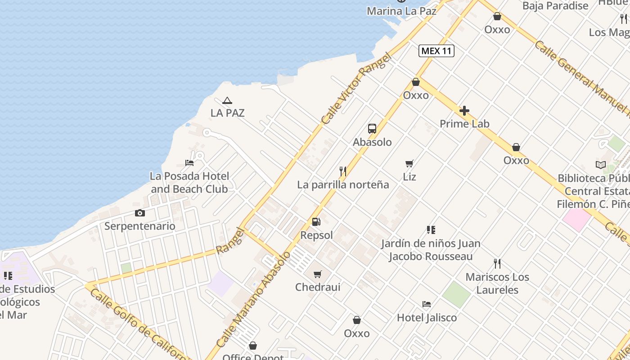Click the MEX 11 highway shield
[x=436, y=51]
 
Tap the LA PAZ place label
[x=227, y=113]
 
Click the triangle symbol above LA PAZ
[x=227, y=100]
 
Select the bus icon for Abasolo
[x=372, y=129]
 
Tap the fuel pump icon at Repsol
[x=316, y=222]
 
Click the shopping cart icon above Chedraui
[x=318, y=274]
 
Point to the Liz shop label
[x=409, y=177]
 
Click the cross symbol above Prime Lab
[x=464, y=111]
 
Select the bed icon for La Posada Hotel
[x=189, y=162]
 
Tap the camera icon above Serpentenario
[x=140, y=213]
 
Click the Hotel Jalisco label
[x=427, y=318]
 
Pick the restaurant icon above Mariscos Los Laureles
[x=497, y=264]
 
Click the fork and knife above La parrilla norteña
[x=343, y=171]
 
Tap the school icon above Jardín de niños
[x=431, y=230]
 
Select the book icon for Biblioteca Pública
[x=601, y=165]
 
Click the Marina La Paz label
[x=401, y=11]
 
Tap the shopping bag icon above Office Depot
[x=253, y=346]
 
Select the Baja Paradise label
[x=555, y=6]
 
